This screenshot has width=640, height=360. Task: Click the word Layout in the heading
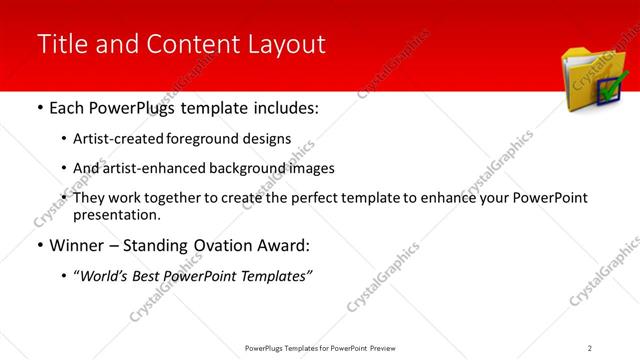click(x=286, y=44)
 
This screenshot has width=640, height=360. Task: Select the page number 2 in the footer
click(x=590, y=347)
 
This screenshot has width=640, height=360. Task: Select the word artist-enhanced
click(x=148, y=169)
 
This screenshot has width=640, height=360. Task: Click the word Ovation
click(x=209, y=244)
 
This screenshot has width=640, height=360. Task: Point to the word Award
click(x=274, y=244)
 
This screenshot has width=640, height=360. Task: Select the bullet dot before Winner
click(x=40, y=245)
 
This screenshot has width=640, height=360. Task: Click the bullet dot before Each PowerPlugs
click(x=40, y=108)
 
